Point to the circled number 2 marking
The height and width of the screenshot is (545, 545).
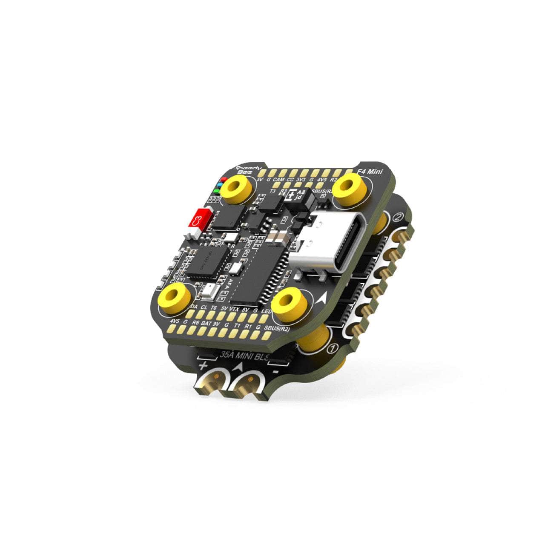(x=398, y=218)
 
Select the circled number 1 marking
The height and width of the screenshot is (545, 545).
(x=333, y=349)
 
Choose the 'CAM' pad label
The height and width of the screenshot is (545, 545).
(x=278, y=180)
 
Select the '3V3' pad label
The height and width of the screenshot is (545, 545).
(x=301, y=181)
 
